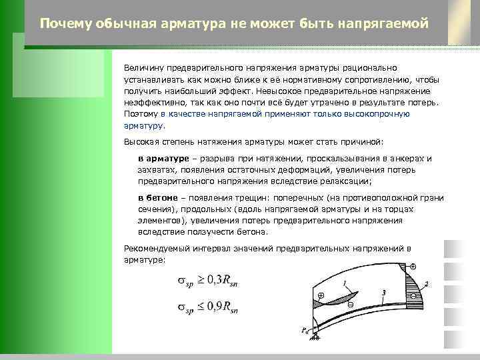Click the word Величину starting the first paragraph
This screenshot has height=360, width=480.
click(143, 68)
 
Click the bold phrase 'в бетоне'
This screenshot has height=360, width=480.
click(158, 198)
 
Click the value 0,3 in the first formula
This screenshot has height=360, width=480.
click(212, 282)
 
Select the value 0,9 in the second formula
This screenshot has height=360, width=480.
click(212, 308)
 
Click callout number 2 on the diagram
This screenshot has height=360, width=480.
click(426, 284)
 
